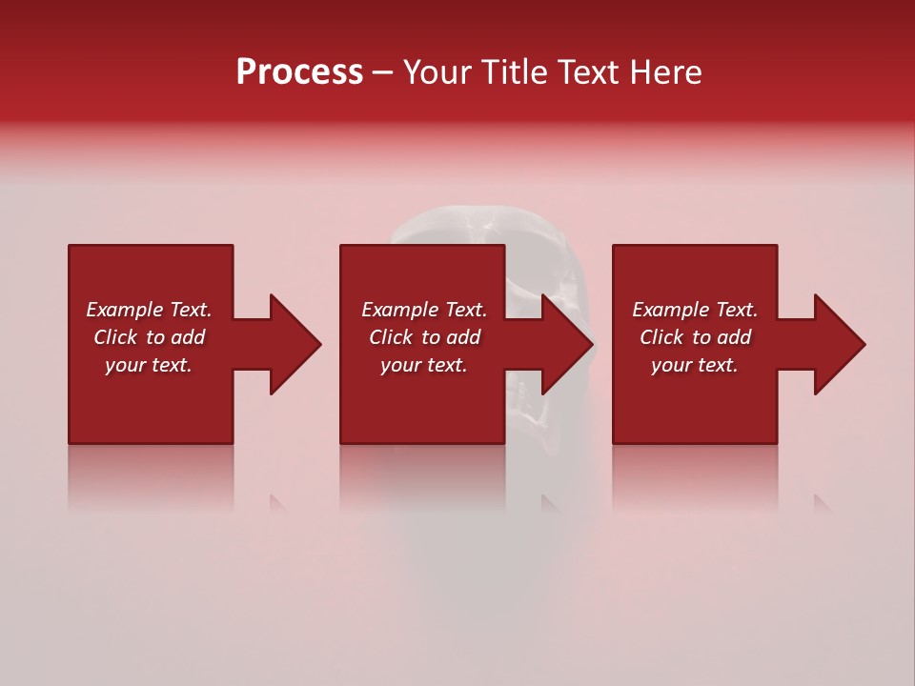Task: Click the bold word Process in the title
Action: coord(299,72)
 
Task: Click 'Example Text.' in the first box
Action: coord(149,310)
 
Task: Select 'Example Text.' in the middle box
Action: coord(423,310)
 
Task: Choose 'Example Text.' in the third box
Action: coord(695,310)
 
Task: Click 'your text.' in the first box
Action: coord(149,365)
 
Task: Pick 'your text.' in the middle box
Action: coord(423,365)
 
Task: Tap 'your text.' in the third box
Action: coord(695,365)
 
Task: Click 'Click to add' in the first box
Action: coord(149,337)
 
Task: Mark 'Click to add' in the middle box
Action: coord(423,337)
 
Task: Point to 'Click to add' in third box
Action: coord(695,337)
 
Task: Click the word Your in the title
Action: coord(437,72)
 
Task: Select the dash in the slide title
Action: coord(382,73)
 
